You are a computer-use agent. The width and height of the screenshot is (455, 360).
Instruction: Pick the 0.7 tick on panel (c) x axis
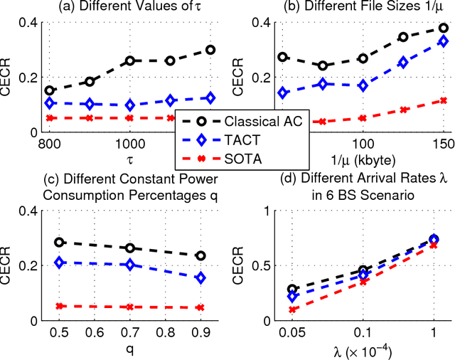click(129, 334)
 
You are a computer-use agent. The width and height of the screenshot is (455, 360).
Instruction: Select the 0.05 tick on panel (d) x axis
click(293, 334)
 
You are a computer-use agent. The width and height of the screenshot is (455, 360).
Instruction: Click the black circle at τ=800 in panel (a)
click(50, 90)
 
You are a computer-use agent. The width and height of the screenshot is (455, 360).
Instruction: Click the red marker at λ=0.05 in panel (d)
click(293, 309)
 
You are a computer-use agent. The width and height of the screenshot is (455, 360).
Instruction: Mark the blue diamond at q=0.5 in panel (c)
click(60, 263)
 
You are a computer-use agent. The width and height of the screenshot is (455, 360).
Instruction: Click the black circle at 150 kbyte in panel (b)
click(443, 28)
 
